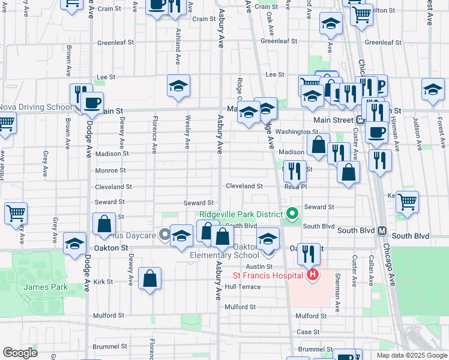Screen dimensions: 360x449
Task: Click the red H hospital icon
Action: pyautogui.click(x=312, y=275)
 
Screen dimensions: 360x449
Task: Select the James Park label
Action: pyautogui.click(x=37, y=287)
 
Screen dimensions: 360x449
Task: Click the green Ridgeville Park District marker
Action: pyautogui.click(x=292, y=214)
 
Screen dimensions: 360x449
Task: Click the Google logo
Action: pyautogui.click(x=20, y=352)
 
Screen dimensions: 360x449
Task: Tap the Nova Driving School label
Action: pyautogui.click(x=35, y=107)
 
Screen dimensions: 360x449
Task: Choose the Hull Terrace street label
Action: pyautogui.click(x=243, y=287)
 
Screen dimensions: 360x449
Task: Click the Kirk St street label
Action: pyautogui.click(x=103, y=281)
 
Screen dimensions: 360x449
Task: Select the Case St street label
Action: pyautogui.click(x=308, y=332)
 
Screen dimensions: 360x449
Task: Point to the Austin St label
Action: pyautogui.click(x=259, y=266)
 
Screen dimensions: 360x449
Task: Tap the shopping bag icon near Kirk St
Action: pyautogui.click(x=149, y=278)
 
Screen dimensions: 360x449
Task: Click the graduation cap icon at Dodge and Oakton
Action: pyautogui.click(x=75, y=244)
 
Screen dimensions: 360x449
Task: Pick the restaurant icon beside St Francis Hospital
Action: pyautogui.click(x=309, y=254)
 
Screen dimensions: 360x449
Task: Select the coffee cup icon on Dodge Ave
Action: pyautogui.click(x=92, y=103)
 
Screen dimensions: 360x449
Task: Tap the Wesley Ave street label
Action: pyautogui.click(x=188, y=132)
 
